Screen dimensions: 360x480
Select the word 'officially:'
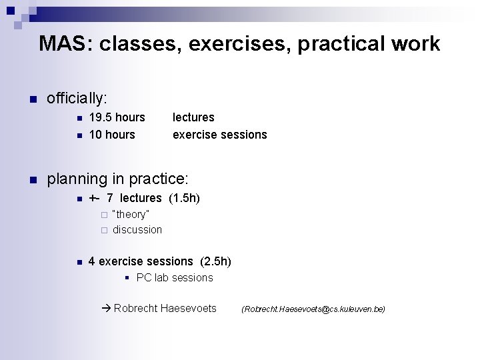pyautogui.click(x=77, y=99)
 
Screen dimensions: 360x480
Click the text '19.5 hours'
pyautogui.click(x=117, y=117)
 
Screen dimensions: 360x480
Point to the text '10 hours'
pyautogui.click(x=111, y=135)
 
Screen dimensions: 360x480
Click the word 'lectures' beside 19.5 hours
pyautogui.click(x=193, y=117)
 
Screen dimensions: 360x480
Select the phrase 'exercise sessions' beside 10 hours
pyautogui.click(x=219, y=135)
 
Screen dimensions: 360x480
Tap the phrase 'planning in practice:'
pyautogui.click(x=118, y=179)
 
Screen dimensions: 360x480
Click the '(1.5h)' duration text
pyautogui.click(x=184, y=198)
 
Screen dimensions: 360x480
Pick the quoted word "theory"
pyautogui.click(x=131, y=214)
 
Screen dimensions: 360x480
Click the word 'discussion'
pyautogui.click(x=137, y=229)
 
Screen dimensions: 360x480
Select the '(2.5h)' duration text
pyautogui.click(x=215, y=261)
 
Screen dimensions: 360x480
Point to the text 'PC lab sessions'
pyautogui.click(x=175, y=277)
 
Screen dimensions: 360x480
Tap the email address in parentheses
pyautogui.click(x=313, y=309)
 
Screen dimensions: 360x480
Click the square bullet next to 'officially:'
pyautogui.click(x=31, y=100)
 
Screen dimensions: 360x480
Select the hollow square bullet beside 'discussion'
pyautogui.click(x=103, y=230)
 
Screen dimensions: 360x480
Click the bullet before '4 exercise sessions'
pyautogui.click(x=79, y=262)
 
